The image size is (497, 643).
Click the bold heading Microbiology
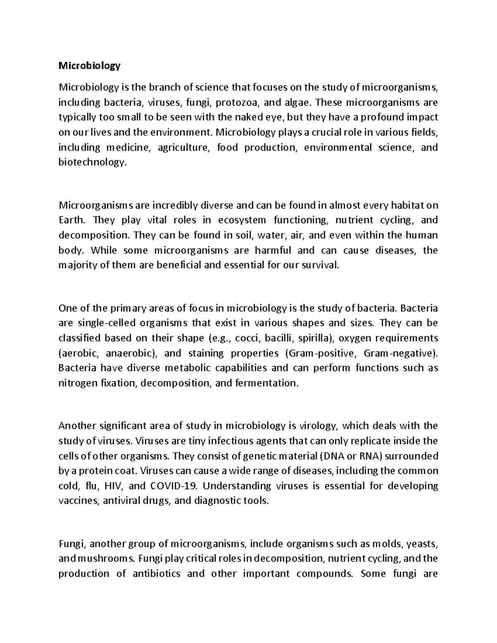point(89,65)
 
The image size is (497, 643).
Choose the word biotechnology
point(91,162)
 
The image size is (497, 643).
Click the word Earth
point(71,220)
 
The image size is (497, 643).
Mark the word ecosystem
point(242,220)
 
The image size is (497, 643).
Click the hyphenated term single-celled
point(105,323)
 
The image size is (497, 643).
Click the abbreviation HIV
point(114,486)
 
